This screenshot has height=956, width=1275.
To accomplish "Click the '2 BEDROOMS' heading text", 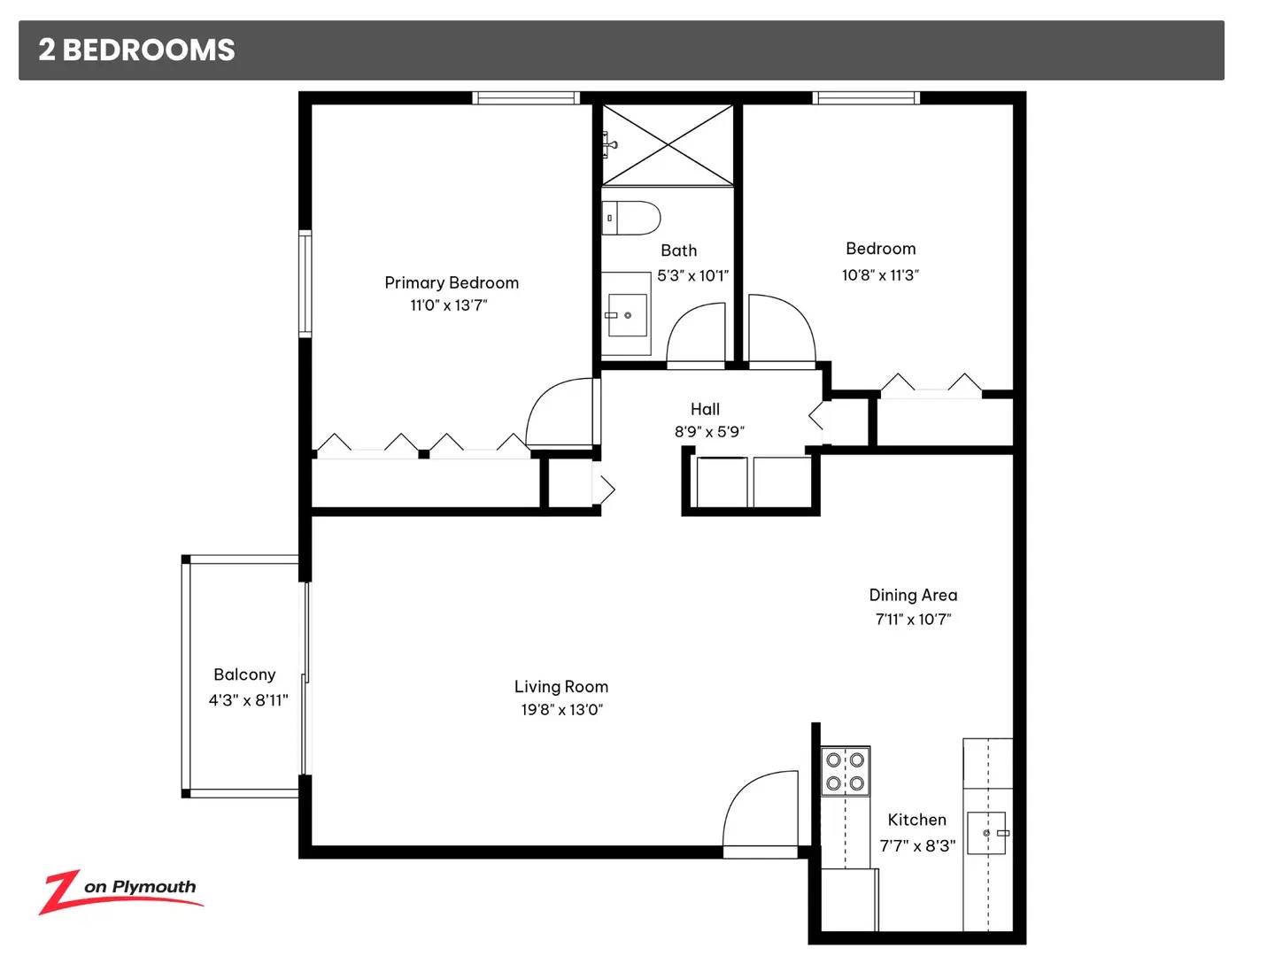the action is click(136, 50).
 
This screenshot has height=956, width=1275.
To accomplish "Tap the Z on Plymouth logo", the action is click(120, 891).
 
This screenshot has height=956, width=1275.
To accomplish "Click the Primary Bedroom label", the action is click(452, 282).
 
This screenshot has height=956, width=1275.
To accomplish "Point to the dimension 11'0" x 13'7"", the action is click(448, 305).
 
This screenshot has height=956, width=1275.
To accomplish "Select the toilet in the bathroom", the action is click(630, 218).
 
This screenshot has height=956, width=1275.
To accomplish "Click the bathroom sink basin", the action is click(628, 315).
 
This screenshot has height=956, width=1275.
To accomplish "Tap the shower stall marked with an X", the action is click(668, 144).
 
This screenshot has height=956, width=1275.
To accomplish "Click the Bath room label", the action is click(678, 251).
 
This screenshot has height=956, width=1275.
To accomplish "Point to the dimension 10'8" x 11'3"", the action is click(880, 275).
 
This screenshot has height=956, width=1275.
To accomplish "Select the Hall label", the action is click(705, 409).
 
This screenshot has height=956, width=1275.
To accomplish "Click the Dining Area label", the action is click(913, 595).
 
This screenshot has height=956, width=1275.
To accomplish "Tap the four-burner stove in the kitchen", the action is click(846, 771).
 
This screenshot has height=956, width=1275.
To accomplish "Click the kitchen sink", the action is click(986, 833).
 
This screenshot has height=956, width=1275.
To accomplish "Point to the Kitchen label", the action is click(916, 820).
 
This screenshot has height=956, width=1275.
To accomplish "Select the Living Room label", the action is click(561, 687).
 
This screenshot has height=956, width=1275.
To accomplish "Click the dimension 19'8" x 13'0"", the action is click(561, 709).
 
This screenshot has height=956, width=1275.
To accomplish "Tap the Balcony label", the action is click(244, 675).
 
